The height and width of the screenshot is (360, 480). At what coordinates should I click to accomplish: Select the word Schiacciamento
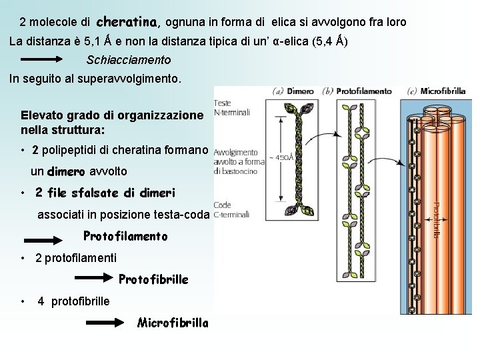[129, 60]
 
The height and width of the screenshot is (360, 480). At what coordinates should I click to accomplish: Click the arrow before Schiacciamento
[51, 59]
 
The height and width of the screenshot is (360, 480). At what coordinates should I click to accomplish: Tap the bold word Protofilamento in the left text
[125, 236]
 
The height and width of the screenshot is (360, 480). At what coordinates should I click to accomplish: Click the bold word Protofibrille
[154, 279]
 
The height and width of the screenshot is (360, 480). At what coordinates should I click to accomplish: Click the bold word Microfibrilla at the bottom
[173, 323]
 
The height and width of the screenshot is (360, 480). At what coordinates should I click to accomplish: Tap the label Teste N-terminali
[232, 107]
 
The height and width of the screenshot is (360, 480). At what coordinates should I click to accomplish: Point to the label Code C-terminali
[231, 210]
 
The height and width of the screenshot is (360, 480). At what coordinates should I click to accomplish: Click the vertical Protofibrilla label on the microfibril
[437, 220]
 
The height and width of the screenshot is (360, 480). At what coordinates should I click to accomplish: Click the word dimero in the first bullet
[66, 171]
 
